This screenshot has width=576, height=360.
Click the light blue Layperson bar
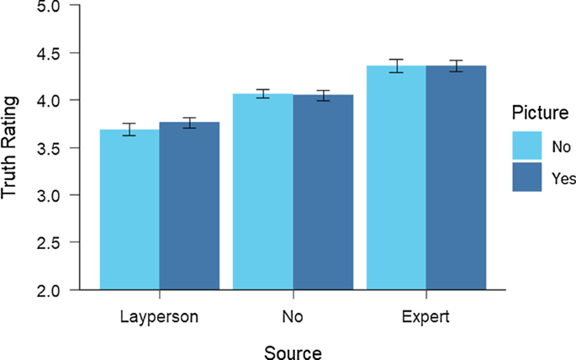click(129, 210)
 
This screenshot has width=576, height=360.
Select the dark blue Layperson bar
click(189, 207)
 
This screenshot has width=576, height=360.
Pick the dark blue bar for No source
click(322, 193)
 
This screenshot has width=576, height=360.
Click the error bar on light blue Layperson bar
click(129, 130)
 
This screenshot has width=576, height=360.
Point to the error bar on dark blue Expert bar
click(456, 66)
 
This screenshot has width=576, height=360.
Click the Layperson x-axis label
click(160, 318)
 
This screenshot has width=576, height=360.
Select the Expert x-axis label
click(425, 318)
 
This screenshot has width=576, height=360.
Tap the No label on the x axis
click(293, 318)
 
